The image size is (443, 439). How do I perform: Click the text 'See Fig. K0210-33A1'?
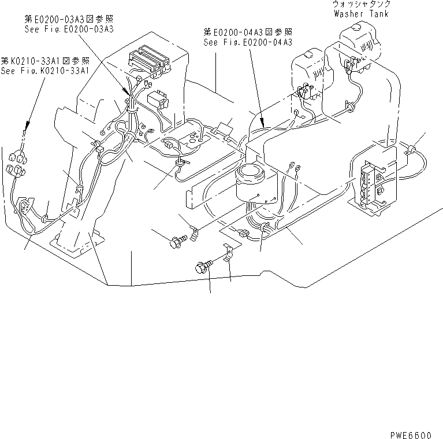(44, 71)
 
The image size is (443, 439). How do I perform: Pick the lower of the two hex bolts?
(202, 267)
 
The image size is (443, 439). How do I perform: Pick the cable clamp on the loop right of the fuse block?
(412, 150)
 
